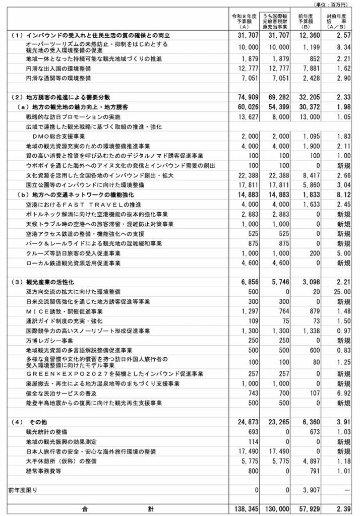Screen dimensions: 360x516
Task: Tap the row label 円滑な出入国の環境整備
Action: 58,69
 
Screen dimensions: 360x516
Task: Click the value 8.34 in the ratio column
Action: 341,47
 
